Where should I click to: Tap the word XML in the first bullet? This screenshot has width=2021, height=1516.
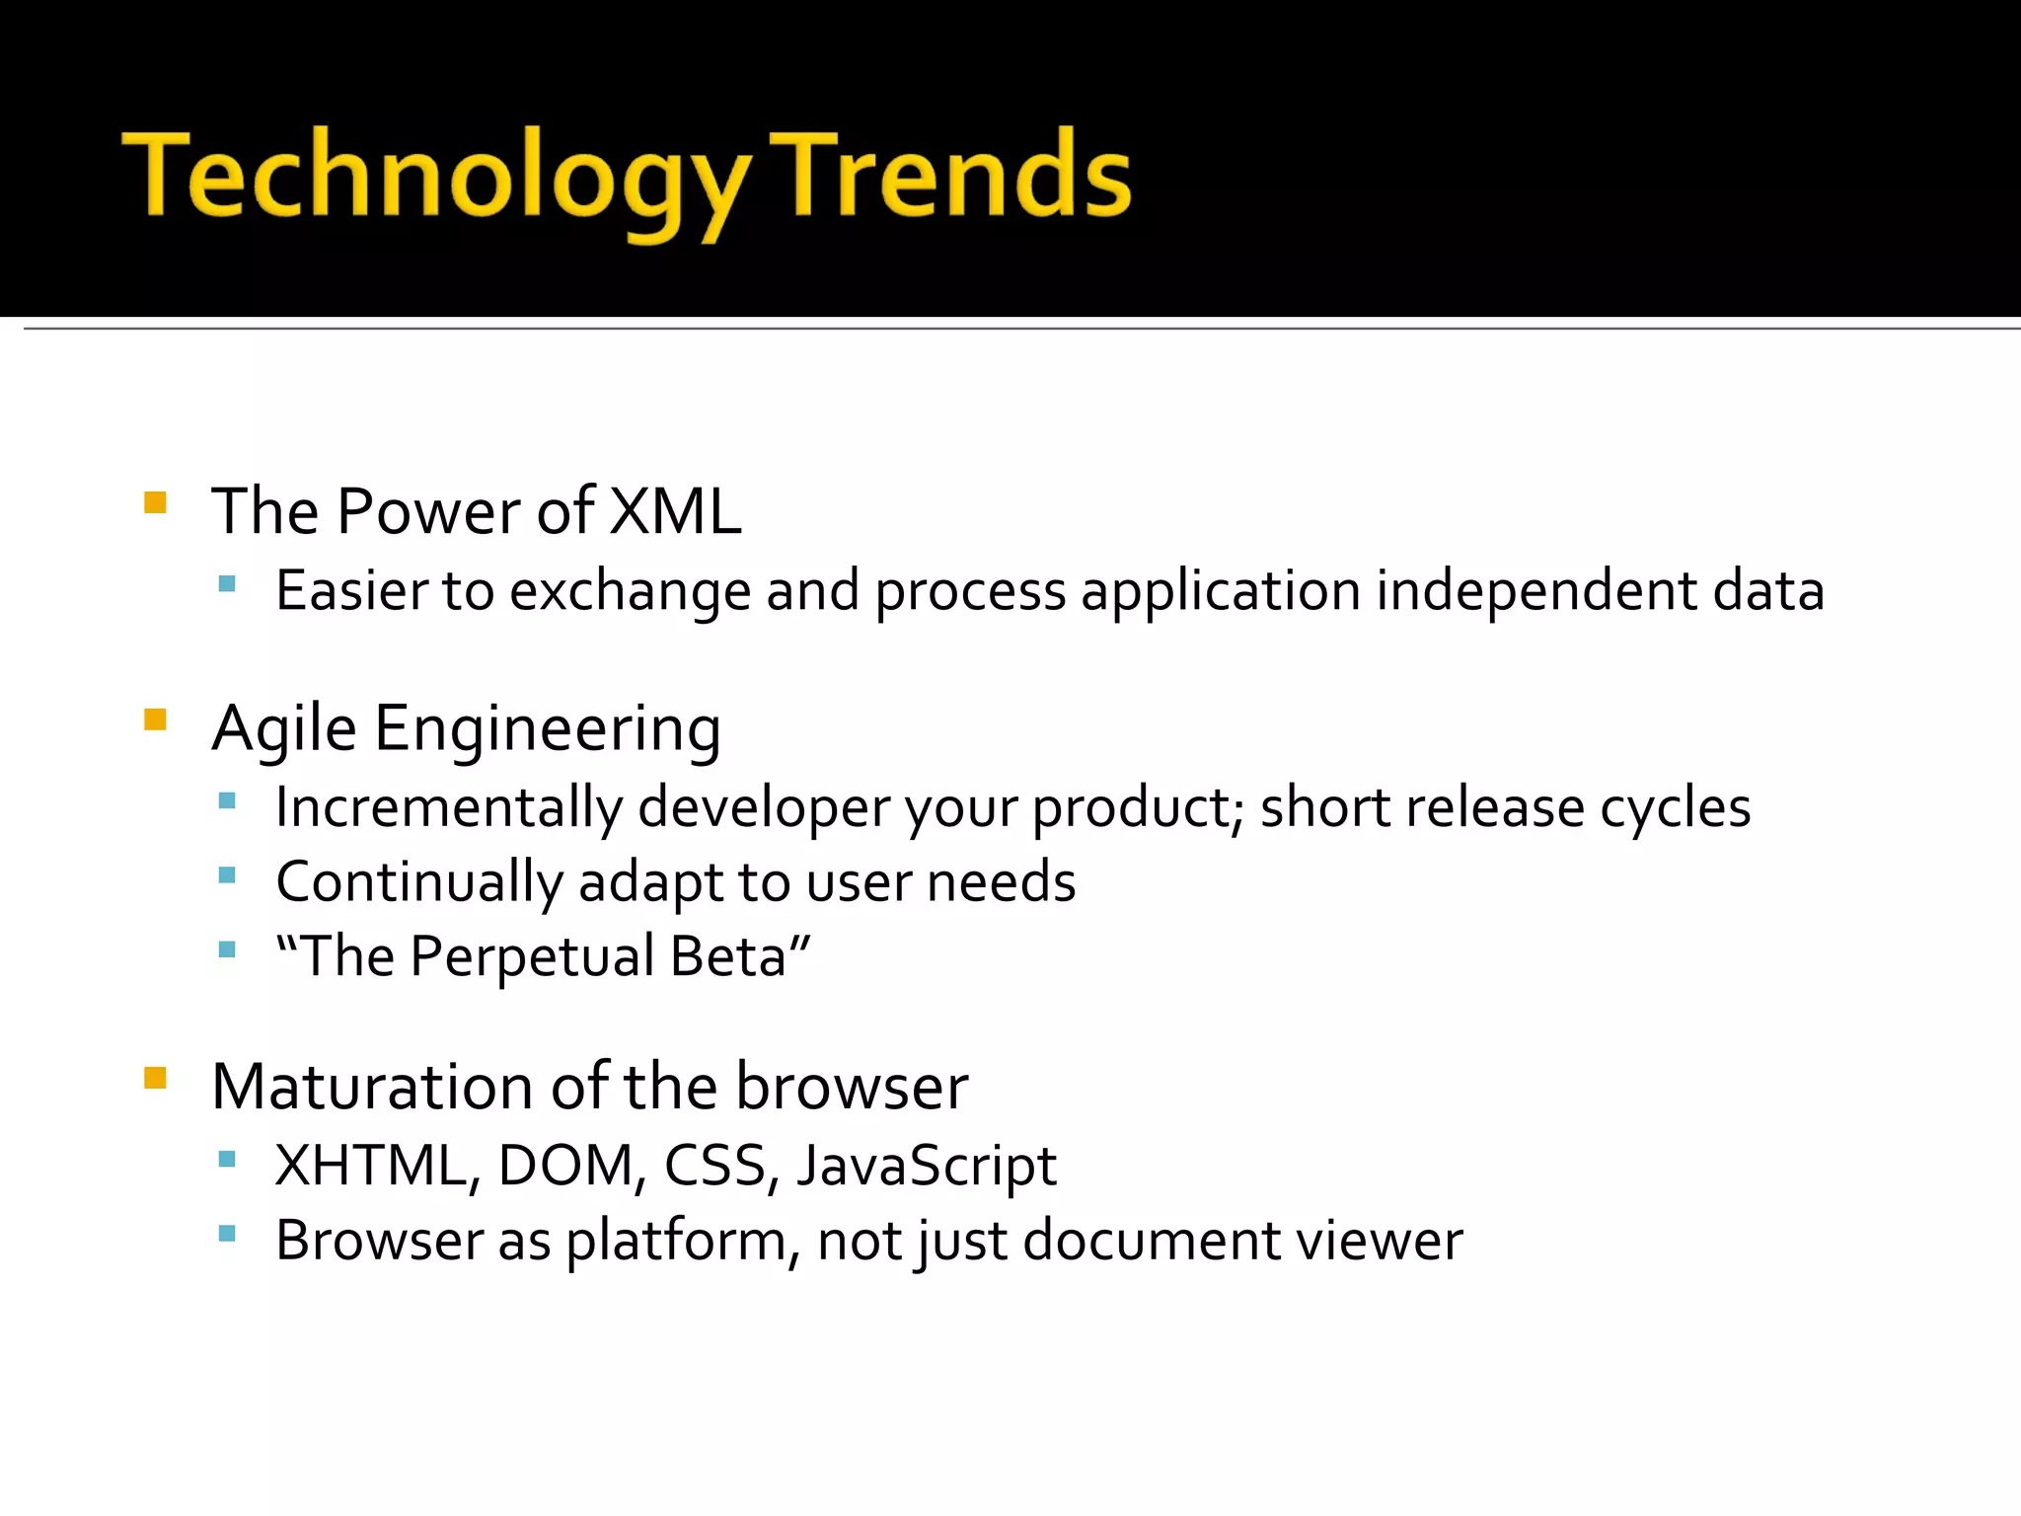pos(675,511)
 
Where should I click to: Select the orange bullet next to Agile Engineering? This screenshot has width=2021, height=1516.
pos(155,719)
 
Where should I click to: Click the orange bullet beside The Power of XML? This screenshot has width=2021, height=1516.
pos(155,502)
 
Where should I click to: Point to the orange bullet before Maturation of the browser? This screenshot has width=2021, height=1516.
pos(155,1077)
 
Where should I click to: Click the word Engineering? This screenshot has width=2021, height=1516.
pos(548,730)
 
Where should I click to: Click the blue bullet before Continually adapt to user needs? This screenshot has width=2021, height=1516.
pos(227,874)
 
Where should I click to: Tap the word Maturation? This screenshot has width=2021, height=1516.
pos(372,1087)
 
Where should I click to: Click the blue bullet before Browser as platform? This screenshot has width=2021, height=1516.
pos(227,1233)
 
